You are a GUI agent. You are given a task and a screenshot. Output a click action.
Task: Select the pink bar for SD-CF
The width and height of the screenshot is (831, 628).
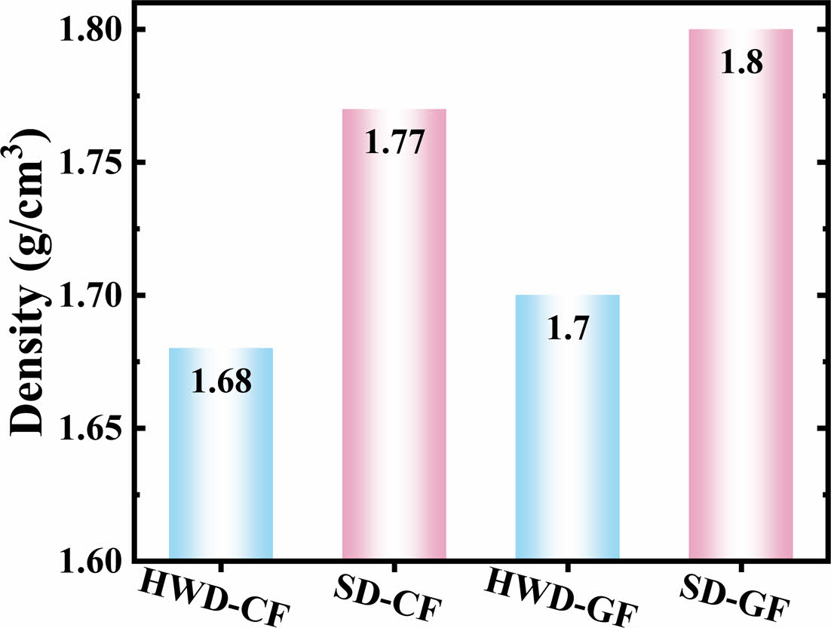(x=394, y=362)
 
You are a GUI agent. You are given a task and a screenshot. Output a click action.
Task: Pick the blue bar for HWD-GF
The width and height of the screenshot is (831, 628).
(x=567, y=452)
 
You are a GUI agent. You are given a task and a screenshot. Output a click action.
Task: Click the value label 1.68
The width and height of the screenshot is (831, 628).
(x=220, y=382)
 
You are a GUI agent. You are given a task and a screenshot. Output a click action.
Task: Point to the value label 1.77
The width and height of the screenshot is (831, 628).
(x=394, y=142)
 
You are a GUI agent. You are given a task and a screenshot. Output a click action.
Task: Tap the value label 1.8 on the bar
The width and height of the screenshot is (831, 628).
(x=741, y=63)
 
